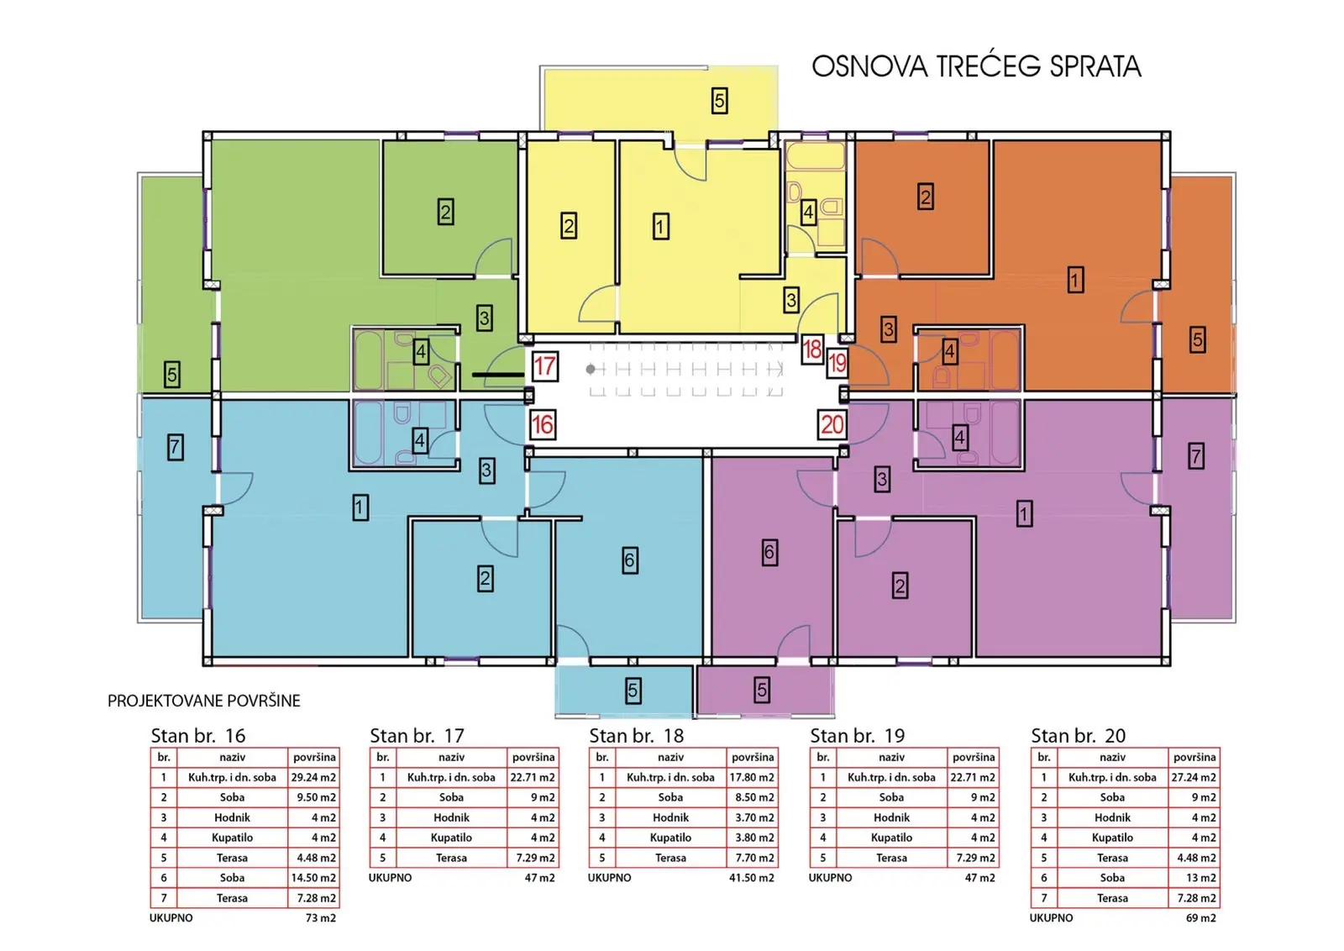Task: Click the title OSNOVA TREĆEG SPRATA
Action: (976, 66)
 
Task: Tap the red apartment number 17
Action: (545, 366)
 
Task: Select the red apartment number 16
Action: (543, 425)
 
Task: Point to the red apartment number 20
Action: (832, 425)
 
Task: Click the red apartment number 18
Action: (812, 349)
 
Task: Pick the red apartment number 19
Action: (837, 362)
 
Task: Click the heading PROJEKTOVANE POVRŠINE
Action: (204, 701)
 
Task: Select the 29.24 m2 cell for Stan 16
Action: (314, 778)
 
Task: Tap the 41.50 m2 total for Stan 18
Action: (752, 878)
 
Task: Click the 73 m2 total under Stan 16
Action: (321, 918)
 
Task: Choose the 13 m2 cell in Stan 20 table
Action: (1194, 878)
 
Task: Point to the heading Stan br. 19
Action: (858, 736)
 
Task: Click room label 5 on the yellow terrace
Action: (719, 101)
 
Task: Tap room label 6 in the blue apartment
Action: (629, 560)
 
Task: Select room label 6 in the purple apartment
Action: (769, 552)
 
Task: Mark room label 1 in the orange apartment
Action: (1075, 280)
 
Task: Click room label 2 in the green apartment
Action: (445, 212)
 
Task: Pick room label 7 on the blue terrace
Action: (175, 447)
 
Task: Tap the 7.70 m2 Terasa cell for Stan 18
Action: (753, 858)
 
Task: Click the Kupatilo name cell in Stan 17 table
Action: (451, 838)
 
